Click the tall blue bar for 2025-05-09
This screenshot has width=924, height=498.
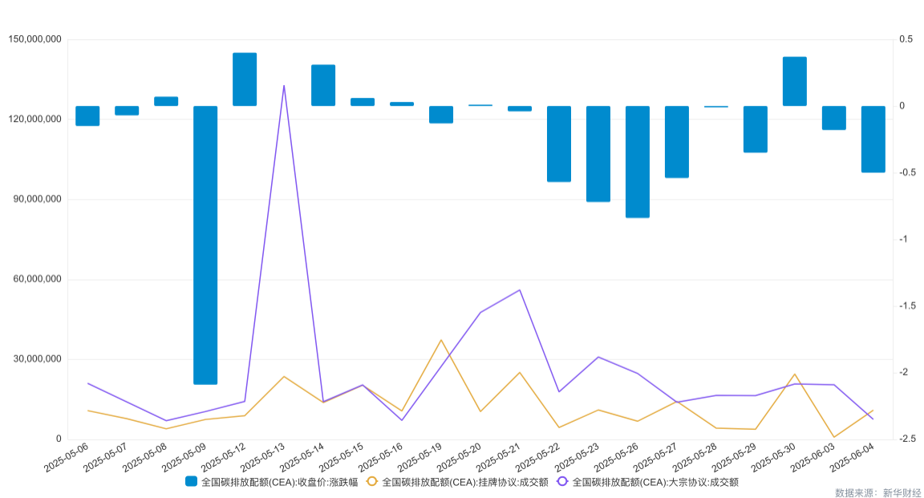(205, 245)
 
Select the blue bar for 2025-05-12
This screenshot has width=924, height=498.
(245, 79)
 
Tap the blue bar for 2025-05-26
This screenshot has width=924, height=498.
(637, 161)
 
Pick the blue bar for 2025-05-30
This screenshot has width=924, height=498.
(794, 81)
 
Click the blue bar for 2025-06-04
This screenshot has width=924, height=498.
(873, 139)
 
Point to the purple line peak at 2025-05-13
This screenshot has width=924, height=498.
(284, 85)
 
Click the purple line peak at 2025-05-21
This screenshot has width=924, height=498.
(520, 289)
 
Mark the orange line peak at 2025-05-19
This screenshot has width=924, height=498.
(441, 340)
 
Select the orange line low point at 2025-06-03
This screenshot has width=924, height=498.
(833, 437)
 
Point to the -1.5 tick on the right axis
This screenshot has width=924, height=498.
(908, 306)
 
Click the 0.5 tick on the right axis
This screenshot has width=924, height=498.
(906, 39)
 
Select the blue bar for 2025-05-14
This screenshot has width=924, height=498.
(323, 85)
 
